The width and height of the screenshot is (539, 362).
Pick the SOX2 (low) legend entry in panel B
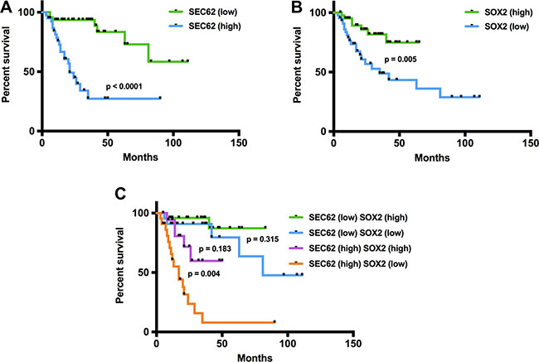pyautogui.click(x=488, y=27)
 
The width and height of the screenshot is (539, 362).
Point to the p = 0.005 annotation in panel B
pyautogui.click(x=397, y=60)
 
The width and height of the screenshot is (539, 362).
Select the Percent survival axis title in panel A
pyautogui.click(x=8, y=71)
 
